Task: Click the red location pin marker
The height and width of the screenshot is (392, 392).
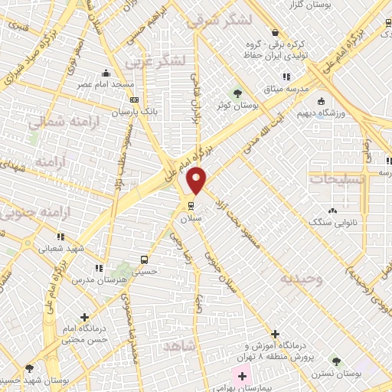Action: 197,180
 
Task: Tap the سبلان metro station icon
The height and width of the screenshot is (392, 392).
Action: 190,205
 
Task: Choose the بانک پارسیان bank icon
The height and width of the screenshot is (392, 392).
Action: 135,100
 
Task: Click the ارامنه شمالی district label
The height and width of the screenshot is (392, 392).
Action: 54,122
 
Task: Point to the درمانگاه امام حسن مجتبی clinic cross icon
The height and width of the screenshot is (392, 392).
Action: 84,316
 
